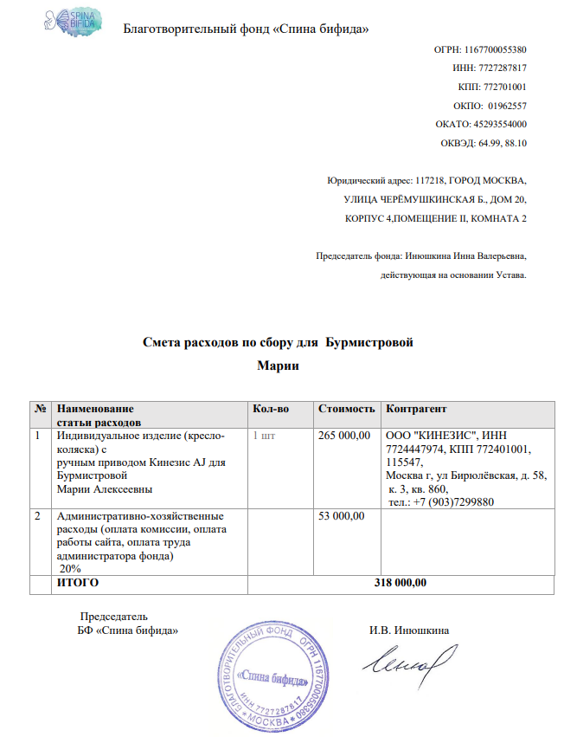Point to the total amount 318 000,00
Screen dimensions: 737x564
pos(400,583)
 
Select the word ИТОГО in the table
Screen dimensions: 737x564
pos(77,583)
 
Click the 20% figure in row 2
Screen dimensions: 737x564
pos(70,569)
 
